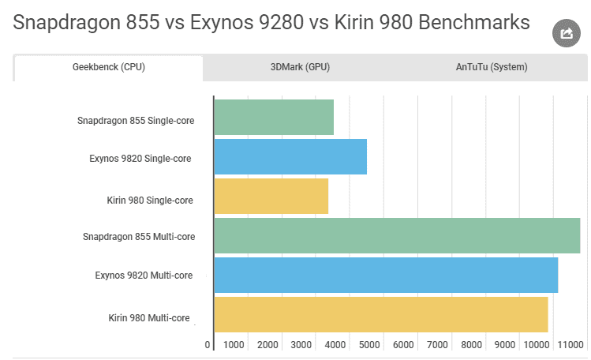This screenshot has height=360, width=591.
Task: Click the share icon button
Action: click(x=566, y=33)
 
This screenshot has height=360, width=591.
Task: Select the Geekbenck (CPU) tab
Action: click(x=109, y=67)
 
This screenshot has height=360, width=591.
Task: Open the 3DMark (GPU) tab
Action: click(x=300, y=67)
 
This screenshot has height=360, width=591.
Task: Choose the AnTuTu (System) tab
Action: click(x=491, y=67)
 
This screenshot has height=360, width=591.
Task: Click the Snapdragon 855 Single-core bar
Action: click(x=274, y=118)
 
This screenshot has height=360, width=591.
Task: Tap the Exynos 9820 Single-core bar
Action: click(x=290, y=157)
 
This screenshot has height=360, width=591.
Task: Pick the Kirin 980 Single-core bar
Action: click(x=271, y=197)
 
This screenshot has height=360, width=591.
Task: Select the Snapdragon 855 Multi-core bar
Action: click(x=397, y=236)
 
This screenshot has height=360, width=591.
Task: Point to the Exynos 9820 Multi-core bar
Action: click(x=386, y=275)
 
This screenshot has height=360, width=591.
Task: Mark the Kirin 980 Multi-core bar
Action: click(x=381, y=314)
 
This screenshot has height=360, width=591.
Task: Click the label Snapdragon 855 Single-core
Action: click(x=136, y=121)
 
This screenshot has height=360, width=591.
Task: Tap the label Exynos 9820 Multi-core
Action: click(x=144, y=276)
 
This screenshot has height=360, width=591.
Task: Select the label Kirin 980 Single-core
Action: click(x=150, y=201)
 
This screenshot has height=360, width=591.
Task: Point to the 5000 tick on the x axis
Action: click(x=369, y=345)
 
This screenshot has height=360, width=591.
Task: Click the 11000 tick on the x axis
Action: click(x=570, y=345)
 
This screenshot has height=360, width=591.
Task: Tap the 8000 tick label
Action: click(x=471, y=345)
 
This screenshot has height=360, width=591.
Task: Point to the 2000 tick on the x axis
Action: click(x=267, y=345)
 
